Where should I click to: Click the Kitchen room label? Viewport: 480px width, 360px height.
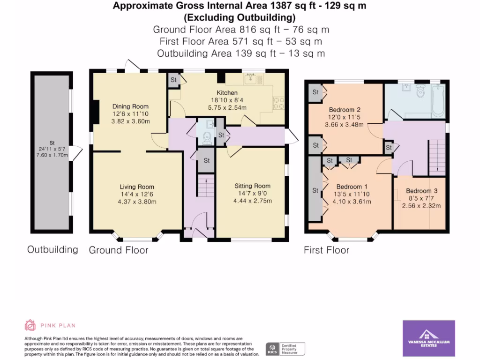(x=227, y=93)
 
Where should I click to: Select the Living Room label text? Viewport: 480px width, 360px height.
(x=136, y=187)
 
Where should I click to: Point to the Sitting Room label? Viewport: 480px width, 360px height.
(x=253, y=186)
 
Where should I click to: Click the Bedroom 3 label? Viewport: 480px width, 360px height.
(x=421, y=191)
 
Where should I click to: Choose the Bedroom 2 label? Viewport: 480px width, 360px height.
(x=345, y=110)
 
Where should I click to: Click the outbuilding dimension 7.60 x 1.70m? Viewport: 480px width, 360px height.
(x=52, y=157)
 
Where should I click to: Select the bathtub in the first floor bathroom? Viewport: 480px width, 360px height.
(x=437, y=101)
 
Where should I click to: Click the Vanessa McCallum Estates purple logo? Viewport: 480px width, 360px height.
(x=429, y=338)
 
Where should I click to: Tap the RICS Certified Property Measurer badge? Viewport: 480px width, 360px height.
(x=285, y=349)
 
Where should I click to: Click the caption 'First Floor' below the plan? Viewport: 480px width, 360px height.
(x=326, y=250)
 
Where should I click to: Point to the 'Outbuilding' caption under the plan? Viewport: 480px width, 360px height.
(x=52, y=249)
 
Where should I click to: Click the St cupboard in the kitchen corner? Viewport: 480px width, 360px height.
(x=173, y=80)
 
